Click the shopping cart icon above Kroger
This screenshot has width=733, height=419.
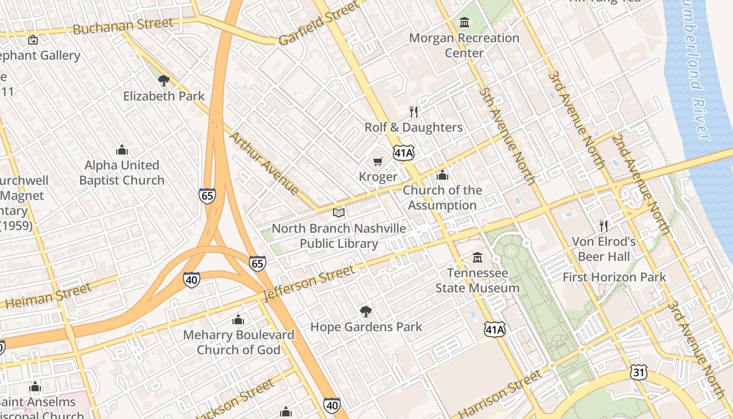click(377, 162)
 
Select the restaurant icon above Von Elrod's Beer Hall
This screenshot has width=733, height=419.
click(604, 226)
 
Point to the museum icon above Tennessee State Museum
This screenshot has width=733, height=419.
click(477, 258)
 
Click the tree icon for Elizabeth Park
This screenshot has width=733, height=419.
click(163, 81)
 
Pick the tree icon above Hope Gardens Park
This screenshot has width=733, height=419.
click(365, 312)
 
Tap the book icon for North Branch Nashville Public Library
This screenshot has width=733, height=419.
click(339, 213)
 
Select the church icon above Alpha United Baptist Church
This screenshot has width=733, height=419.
click(122, 150)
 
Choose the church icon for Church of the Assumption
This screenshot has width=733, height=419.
click(442, 175)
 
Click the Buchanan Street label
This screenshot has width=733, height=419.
click(123, 26)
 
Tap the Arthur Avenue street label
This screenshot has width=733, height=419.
click(264, 163)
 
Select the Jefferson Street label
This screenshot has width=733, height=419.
click(308, 283)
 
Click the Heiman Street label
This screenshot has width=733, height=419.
click(49, 296)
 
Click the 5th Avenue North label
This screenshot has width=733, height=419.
click(507, 136)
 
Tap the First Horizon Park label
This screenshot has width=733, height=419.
click(614, 277)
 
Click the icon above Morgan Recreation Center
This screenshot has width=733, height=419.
click(464, 23)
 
